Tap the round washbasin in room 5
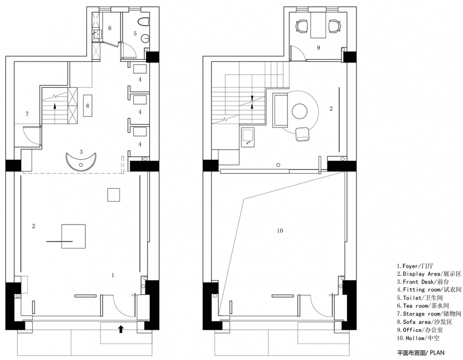coord(145,38)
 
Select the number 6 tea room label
coord(110,28)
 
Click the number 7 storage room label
coord(27,114)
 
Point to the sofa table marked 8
coord(88,106)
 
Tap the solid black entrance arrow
coord(121,329)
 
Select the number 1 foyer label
coord(113,275)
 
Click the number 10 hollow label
coord(280,231)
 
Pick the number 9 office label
coord(318,47)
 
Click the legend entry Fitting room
coord(429,290)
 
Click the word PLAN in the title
coord(437,352)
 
